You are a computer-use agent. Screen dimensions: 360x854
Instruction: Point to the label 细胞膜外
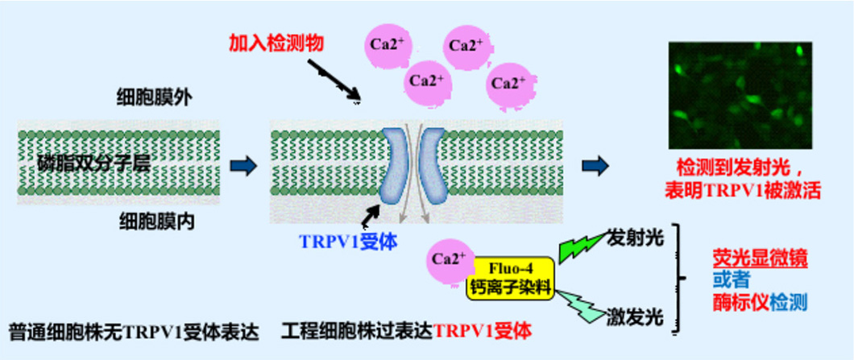click(153, 99)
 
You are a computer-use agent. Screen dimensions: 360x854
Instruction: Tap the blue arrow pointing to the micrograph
click(594, 165)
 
